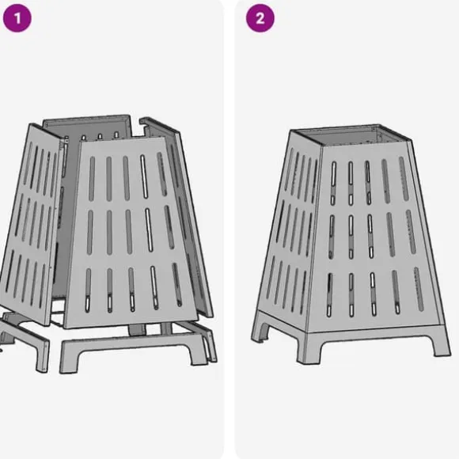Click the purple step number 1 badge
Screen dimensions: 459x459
tap(17, 18)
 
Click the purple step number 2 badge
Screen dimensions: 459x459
tap(260, 18)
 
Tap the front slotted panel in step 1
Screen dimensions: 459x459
tap(131, 231)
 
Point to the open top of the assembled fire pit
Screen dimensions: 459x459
tap(351, 135)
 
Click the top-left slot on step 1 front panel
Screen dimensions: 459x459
tap(92, 179)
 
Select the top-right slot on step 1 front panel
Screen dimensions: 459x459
tap(162, 174)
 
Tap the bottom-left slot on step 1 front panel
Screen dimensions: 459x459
tap(88, 290)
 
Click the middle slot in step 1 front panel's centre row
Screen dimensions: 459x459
tap(129, 231)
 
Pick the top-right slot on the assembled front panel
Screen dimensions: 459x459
tap(404, 179)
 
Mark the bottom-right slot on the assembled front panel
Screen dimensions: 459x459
tap(419, 289)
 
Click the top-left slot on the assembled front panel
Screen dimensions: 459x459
tap(333, 183)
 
